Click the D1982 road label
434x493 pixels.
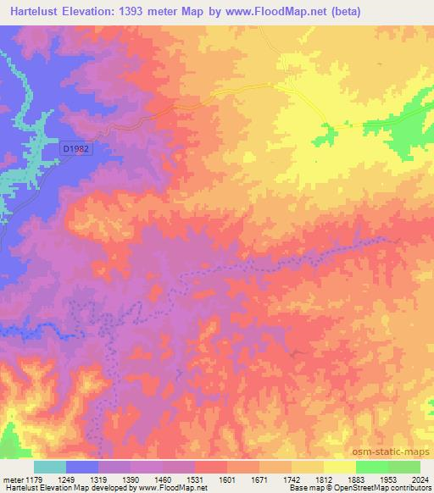pyautogui.click(x=75, y=148)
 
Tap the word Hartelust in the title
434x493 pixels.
pyautogui.click(x=32, y=12)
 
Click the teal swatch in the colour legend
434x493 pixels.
pyautogui.click(x=49, y=467)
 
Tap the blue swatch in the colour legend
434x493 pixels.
pyautogui.click(x=82, y=467)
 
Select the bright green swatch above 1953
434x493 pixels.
pyautogui.click(x=372, y=467)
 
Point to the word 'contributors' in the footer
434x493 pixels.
pyautogui.click(x=410, y=488)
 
